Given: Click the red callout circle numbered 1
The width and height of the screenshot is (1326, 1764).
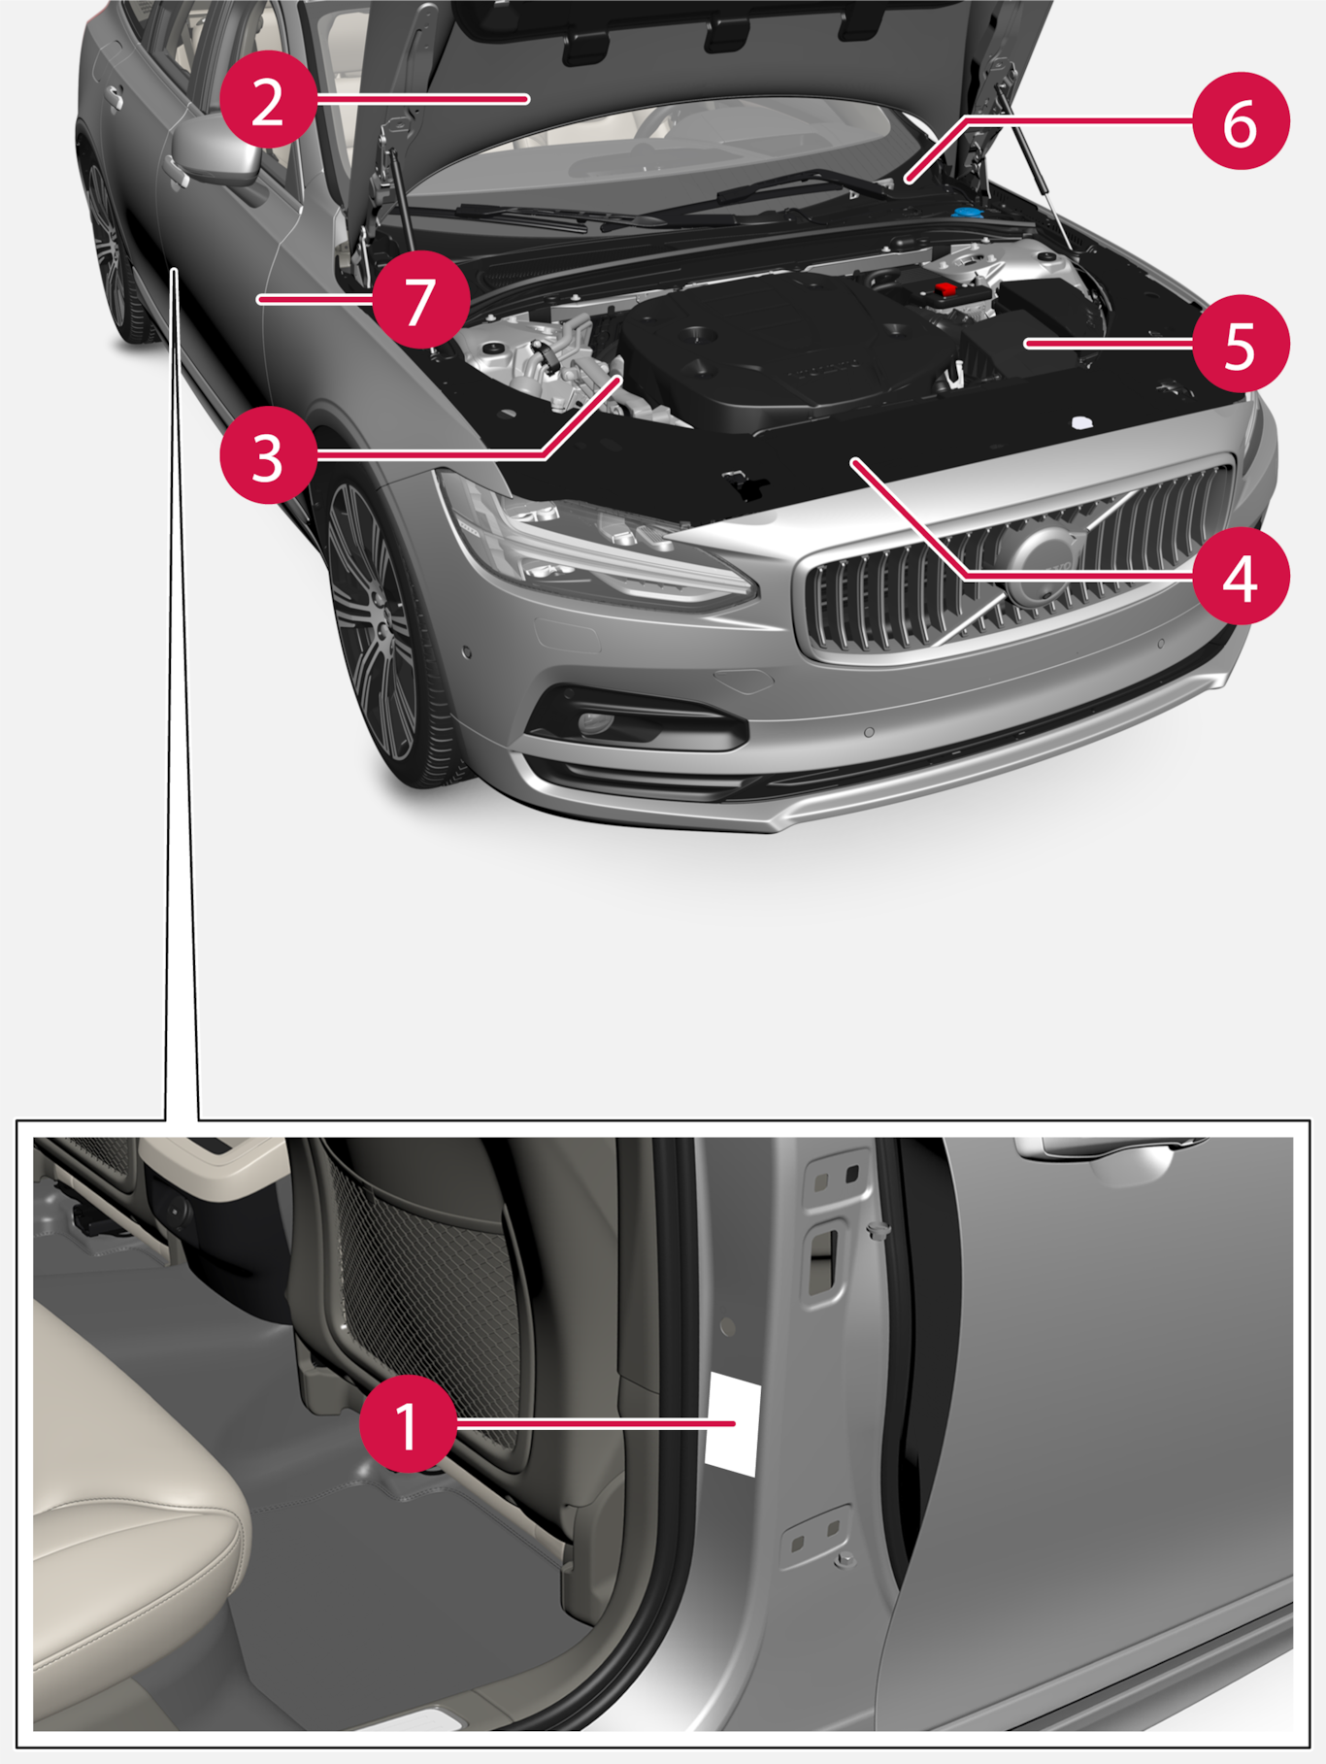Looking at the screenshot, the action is [409, 1423].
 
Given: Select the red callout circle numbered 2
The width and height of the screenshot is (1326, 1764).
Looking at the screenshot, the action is [268, 100].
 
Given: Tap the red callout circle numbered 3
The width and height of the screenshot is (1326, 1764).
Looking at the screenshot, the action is [268, 454].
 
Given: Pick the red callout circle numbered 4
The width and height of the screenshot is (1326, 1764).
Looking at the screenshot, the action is [1242, 578].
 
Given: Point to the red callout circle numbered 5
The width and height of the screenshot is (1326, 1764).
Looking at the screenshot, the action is [1242, 343].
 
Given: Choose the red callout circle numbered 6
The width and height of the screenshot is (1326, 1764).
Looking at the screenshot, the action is [1242, 121].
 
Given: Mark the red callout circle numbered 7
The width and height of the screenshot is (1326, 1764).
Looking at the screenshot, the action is [419, 299].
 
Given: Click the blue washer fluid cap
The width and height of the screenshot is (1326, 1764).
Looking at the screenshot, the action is [967, 212].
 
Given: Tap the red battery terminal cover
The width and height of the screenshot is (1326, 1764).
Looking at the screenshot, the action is [944, 289].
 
